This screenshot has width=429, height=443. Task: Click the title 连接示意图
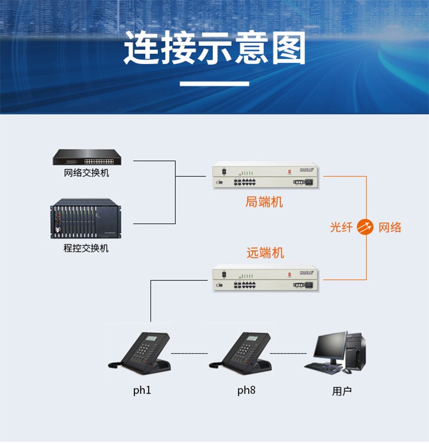(x=215, y=48)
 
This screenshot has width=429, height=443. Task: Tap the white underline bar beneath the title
(x=214, y=84)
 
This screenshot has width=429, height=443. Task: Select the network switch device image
(x=87, y=157)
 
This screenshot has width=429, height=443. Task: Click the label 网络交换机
(x=86, y=173)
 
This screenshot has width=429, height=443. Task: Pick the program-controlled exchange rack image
(x=86, y=219)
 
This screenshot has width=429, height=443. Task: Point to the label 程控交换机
(x=86, y=248)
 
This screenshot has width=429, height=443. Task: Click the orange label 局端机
(x=264, y=202)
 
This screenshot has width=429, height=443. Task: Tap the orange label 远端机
(x=265, y=253)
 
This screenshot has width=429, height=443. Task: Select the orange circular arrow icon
(x=365, y=227)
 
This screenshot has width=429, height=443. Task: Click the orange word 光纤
(x=342, y=227)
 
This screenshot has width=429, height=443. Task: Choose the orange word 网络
(x=390, y=227)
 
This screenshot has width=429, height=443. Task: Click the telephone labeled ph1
(x=140, y=353)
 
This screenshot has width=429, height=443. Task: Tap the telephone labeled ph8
(x=241, y=353)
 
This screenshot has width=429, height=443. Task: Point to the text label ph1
(x=142, y=390)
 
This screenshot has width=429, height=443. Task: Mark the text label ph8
(x=246, y=390)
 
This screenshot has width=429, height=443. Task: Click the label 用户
(x=342, y=391)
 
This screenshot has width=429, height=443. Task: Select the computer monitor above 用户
(x=330, y=347)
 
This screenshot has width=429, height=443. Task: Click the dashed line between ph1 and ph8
(x=190, y=353)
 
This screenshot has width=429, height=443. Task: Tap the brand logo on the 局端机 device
(x=307, y=169)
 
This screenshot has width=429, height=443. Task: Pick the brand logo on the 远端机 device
(x=307, y=273)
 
